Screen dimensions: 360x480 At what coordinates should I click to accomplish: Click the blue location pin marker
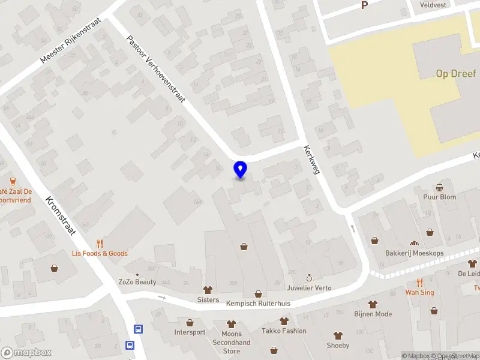[240, 170]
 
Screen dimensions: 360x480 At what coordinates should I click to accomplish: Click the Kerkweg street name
[312, 160]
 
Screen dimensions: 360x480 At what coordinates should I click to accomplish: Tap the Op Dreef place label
[456, 74]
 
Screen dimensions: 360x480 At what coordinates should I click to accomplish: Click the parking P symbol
[364, 5]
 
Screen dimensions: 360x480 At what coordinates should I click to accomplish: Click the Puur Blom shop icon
[440, 187]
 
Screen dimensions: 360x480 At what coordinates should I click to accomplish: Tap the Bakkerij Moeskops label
[415, 253]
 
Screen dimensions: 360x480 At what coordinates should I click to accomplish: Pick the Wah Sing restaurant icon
[419, 283]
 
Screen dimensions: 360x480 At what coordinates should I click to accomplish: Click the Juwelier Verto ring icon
[310, 278]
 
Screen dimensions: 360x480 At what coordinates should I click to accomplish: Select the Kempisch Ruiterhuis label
[258, 304]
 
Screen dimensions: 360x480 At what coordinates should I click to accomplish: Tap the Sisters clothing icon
[208, 290]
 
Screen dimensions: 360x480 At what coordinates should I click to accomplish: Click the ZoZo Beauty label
[137, 282]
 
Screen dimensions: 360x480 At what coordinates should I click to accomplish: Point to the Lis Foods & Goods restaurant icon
[100, 244]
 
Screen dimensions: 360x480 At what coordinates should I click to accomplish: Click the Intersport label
[190, 332]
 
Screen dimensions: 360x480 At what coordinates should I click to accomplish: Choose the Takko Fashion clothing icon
[283, 322]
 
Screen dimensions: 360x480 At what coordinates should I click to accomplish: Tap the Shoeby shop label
[338, 345]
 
